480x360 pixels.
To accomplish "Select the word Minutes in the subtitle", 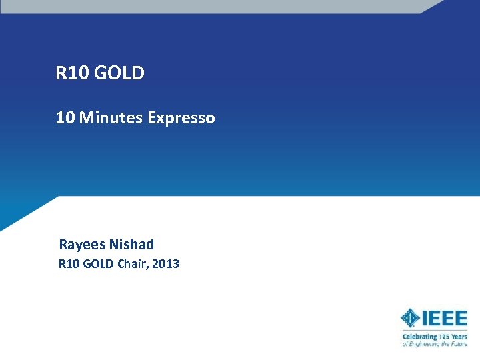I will point(110,118).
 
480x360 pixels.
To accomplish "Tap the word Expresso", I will point(181,118).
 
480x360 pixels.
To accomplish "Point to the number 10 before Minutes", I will point(65,118).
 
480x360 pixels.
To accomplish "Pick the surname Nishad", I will point(131,244).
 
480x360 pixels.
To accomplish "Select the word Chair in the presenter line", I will point(132,264).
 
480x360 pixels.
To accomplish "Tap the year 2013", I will point(165,264).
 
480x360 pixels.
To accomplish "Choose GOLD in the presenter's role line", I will point(99,264).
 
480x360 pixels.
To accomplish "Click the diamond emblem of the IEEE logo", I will point(411,318).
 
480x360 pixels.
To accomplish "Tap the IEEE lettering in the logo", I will point(445,317).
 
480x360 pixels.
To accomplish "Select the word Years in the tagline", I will point(460,337).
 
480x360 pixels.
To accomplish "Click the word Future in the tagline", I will point(459,344).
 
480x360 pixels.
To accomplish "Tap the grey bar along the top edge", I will point(213,6).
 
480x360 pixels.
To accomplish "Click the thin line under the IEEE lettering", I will point(434,330).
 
